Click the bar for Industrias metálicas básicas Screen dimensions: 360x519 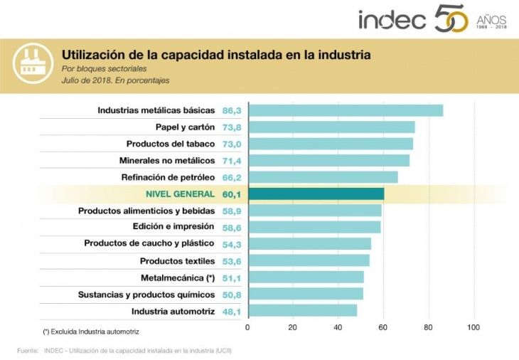click(x=346, y=110)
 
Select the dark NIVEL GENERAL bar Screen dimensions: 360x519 click(x=316, y=194)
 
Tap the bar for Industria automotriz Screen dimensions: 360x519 click(x=302, y=311)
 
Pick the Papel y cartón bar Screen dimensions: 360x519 click(x=331, y=127)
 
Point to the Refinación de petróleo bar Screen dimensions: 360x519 click(x=323, y=177)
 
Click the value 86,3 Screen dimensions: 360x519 click(x=232, y=110)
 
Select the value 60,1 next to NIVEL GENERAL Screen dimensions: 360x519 click(x=232, y=194)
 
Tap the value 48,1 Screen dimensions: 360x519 click(x=232, y=311)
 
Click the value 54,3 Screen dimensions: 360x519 click(x=232, y=243)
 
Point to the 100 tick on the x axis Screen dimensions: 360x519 click(x=473, y=327)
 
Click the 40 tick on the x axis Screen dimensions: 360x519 click(x=338, y=327)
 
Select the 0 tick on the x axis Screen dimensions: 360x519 click(x=247, y=327)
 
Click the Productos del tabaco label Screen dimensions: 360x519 click(x=170, y=144)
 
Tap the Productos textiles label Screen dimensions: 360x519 click(x=177, y=261)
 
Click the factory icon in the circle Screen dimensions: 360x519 click(x=31, y=66)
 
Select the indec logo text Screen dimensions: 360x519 click(x=392, y=20)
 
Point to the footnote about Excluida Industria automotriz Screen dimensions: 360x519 click(x=90, y=332)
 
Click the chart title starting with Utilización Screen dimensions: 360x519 click(x=216, y=54)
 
